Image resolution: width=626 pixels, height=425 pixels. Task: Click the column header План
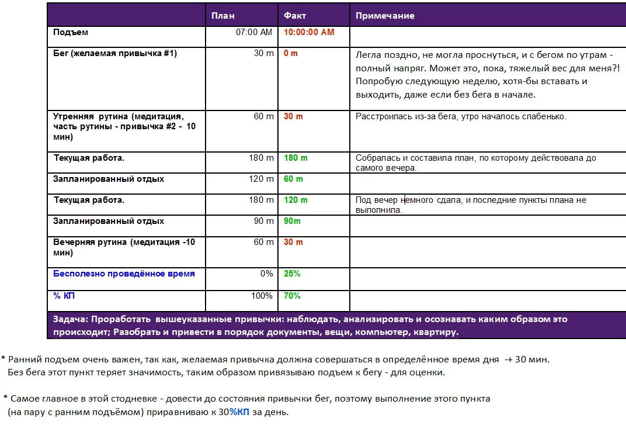(223, 16)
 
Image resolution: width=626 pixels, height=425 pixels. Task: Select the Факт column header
(295, 16)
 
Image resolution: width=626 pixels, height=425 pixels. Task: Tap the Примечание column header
(385, 16)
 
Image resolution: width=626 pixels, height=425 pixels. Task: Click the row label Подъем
(71, 33)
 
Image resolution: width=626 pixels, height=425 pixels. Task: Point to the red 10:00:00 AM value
(309, 32)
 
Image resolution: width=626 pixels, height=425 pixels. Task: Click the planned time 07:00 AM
(254, 32)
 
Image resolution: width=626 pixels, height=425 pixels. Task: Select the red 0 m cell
(291, 53)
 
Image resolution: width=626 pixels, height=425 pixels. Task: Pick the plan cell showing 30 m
(263, 53)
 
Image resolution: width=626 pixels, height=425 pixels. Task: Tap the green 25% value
(292, 274)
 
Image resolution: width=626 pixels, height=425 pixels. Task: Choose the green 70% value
(292, 296)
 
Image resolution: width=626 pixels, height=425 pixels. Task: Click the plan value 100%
(262, 296)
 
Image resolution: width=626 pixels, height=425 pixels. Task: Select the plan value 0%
(266, 274)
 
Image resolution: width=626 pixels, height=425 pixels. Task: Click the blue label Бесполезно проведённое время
(124, 274)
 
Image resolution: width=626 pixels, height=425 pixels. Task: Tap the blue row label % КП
(64, 296)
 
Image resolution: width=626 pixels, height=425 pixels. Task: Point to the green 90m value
(293, 221)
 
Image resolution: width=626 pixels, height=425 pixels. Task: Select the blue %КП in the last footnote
(239, 412)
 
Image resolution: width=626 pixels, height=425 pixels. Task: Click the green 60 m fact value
(293, 179)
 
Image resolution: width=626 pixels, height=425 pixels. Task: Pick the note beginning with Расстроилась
(461, 116)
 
